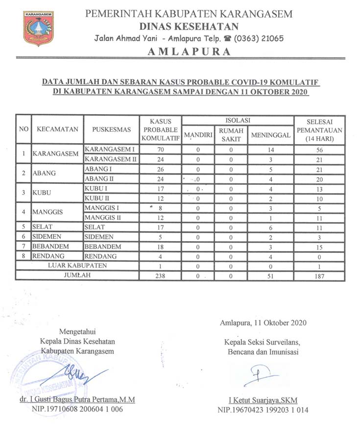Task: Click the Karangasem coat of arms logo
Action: tap(39, 28)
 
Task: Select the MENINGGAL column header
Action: tap(270, 135)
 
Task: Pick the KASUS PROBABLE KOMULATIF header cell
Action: tap(160, 129)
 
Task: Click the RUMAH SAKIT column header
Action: tap(231, 134)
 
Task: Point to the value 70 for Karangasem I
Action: tap(160, 150)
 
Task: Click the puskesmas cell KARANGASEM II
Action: tap(112, 159)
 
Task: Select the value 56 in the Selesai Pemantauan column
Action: tap(319, 150)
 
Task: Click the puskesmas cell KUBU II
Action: tap(96, 198)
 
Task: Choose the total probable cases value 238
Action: tap(160, 276)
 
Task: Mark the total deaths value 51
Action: tap(270, 276)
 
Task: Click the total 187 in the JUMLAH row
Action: tap(319, 276)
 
